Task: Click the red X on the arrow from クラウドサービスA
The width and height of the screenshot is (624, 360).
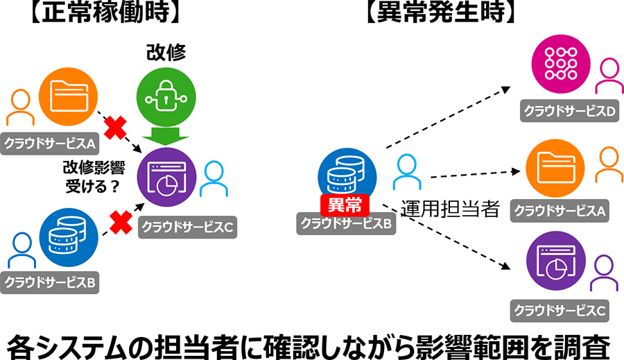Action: (114, 127)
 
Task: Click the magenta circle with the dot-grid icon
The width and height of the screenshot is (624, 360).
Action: (557, 64)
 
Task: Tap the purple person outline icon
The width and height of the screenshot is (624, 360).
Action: (603, 273)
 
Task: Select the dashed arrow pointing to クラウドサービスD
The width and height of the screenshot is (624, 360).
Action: (447, 117)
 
